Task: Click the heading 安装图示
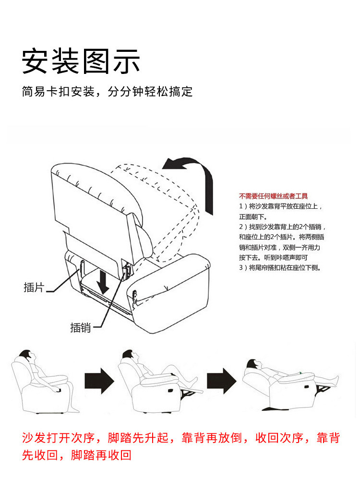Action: pos(81,61)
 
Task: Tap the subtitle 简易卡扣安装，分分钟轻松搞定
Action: pos(107,91)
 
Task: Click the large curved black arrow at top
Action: pos(192,178)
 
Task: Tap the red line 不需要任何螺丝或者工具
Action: pos(273,196)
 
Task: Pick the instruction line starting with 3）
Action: pos(280,268)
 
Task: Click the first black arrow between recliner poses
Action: pos(99,383)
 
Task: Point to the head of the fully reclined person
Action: pos(253,365)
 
